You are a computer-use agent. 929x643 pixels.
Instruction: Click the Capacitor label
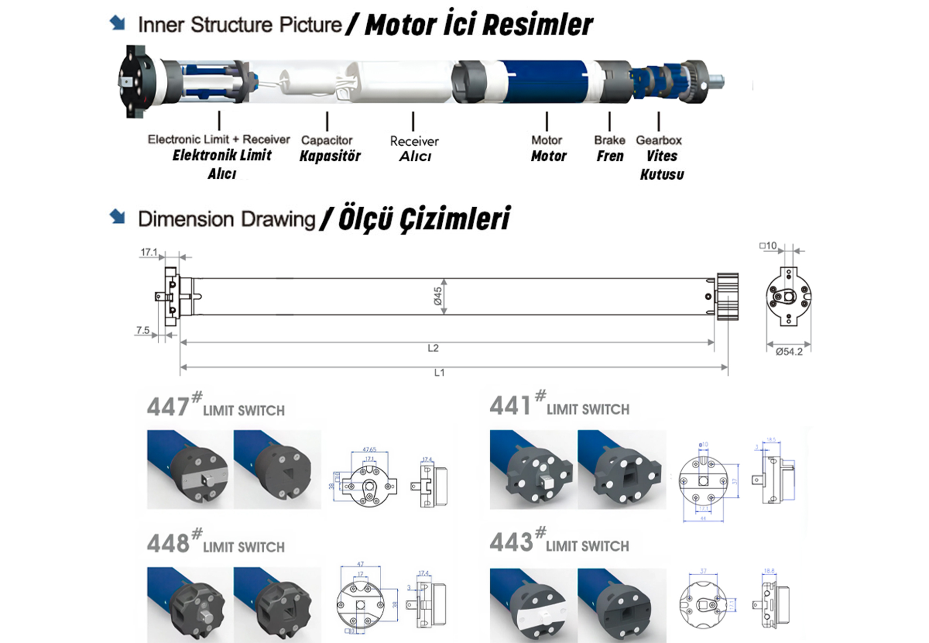click(327, 140)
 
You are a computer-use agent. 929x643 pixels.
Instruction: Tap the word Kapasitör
click(330, 156)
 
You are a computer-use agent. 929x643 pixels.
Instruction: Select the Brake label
click(609, 140)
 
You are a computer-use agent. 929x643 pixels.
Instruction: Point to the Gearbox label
click(659, 140)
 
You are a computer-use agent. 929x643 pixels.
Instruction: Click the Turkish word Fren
click(610, 156)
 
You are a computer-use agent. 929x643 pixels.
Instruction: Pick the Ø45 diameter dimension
click(438, 296)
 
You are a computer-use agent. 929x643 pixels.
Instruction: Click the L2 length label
click(433, 348)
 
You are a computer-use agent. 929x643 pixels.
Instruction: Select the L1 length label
click(439, 372)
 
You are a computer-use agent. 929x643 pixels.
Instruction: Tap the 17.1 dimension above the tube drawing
click(149, 252)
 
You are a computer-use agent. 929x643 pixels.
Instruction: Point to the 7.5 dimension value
click(143, 330)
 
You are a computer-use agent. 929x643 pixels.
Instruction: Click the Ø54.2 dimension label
click(789, 352)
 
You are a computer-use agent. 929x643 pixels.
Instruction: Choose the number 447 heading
click(168, 407)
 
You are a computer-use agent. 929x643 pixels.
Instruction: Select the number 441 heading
click(510, 406)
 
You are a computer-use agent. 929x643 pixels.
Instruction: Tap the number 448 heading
click(168, 543)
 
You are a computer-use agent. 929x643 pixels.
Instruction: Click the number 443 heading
click(510, 542)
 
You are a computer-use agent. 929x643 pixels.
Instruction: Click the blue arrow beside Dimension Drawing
click(117, 216)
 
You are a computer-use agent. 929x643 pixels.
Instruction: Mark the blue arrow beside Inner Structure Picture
click(117, 22)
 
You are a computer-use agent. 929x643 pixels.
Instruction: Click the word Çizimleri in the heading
click(454, 219)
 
